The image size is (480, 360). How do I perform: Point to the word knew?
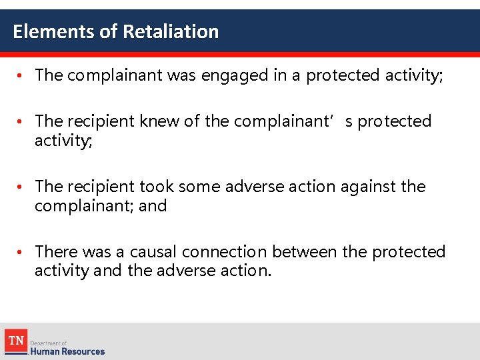click(x=159, y=121)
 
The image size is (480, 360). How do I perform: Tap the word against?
click(x=369, y=187)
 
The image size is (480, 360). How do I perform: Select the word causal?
click(x=153, y=252)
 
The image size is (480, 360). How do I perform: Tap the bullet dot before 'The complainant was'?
click(x=21, y=76)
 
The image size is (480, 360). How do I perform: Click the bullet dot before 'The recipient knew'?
click(x=21, y=122)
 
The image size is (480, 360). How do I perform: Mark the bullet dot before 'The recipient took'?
click(x=21, y=187)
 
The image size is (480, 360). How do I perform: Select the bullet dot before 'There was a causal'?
click(x=21, y=253)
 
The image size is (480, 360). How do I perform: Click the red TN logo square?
click(x=15, y=341)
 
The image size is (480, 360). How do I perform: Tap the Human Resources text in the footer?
click(x=67, y=351)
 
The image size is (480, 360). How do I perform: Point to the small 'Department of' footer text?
click(x=49, y=342)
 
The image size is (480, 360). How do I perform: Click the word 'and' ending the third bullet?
click(x=153, y=206)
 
